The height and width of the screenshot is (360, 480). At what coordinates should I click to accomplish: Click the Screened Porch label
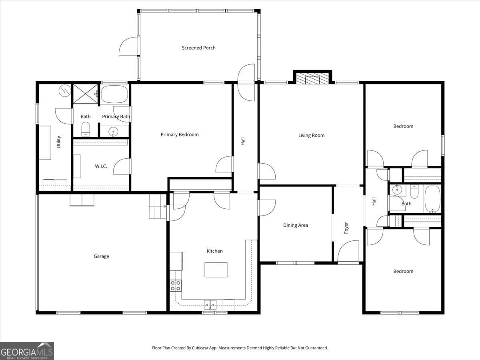coord(198,48)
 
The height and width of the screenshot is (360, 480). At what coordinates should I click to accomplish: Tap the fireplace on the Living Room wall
coord(313,78)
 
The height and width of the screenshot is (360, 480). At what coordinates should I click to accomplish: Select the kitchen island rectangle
coord(216,270)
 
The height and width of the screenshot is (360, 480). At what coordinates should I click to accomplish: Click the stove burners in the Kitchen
coord(176,285)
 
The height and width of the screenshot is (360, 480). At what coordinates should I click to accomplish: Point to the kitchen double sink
coord(210,305)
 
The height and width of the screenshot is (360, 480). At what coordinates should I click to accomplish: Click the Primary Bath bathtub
coord(114,94)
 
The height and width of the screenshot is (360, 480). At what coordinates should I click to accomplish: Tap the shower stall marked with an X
coord(85,94)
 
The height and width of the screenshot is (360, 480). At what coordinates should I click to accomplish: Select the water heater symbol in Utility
coord(64,91)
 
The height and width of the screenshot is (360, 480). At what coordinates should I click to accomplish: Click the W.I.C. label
coord(101,166)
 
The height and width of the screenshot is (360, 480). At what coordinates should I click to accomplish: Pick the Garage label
coord(101,256)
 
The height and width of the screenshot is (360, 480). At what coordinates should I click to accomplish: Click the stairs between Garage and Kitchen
coord(158,206)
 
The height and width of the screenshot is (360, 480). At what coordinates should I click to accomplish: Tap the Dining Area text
coord(296,225)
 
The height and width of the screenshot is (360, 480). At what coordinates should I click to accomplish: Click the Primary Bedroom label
coord(180,134)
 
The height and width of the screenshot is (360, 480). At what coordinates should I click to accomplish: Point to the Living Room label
coord(311,135)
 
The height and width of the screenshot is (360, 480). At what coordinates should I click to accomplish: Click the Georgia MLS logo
coord(27,351)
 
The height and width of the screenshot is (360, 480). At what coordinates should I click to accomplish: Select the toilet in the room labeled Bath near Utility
coord(85,129)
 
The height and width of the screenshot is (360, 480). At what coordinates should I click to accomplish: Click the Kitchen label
coord(214,251)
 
